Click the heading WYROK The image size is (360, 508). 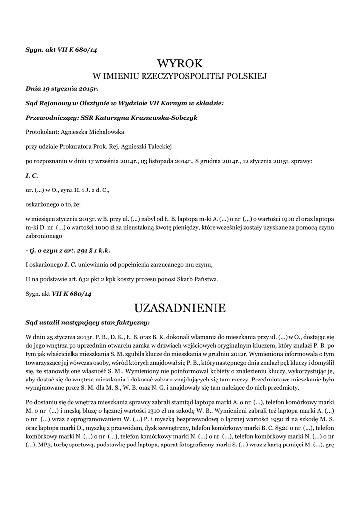tap(180, 63)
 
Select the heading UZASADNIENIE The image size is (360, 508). tap(180, 308)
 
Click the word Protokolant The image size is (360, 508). tap(41, 132)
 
